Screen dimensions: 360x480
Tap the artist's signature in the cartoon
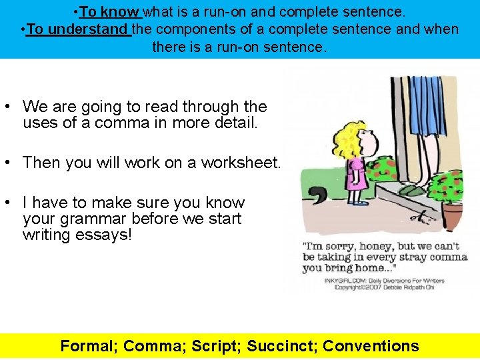click(x=421, y=215)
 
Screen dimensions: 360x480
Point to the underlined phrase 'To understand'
click(x=77, y=29)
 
